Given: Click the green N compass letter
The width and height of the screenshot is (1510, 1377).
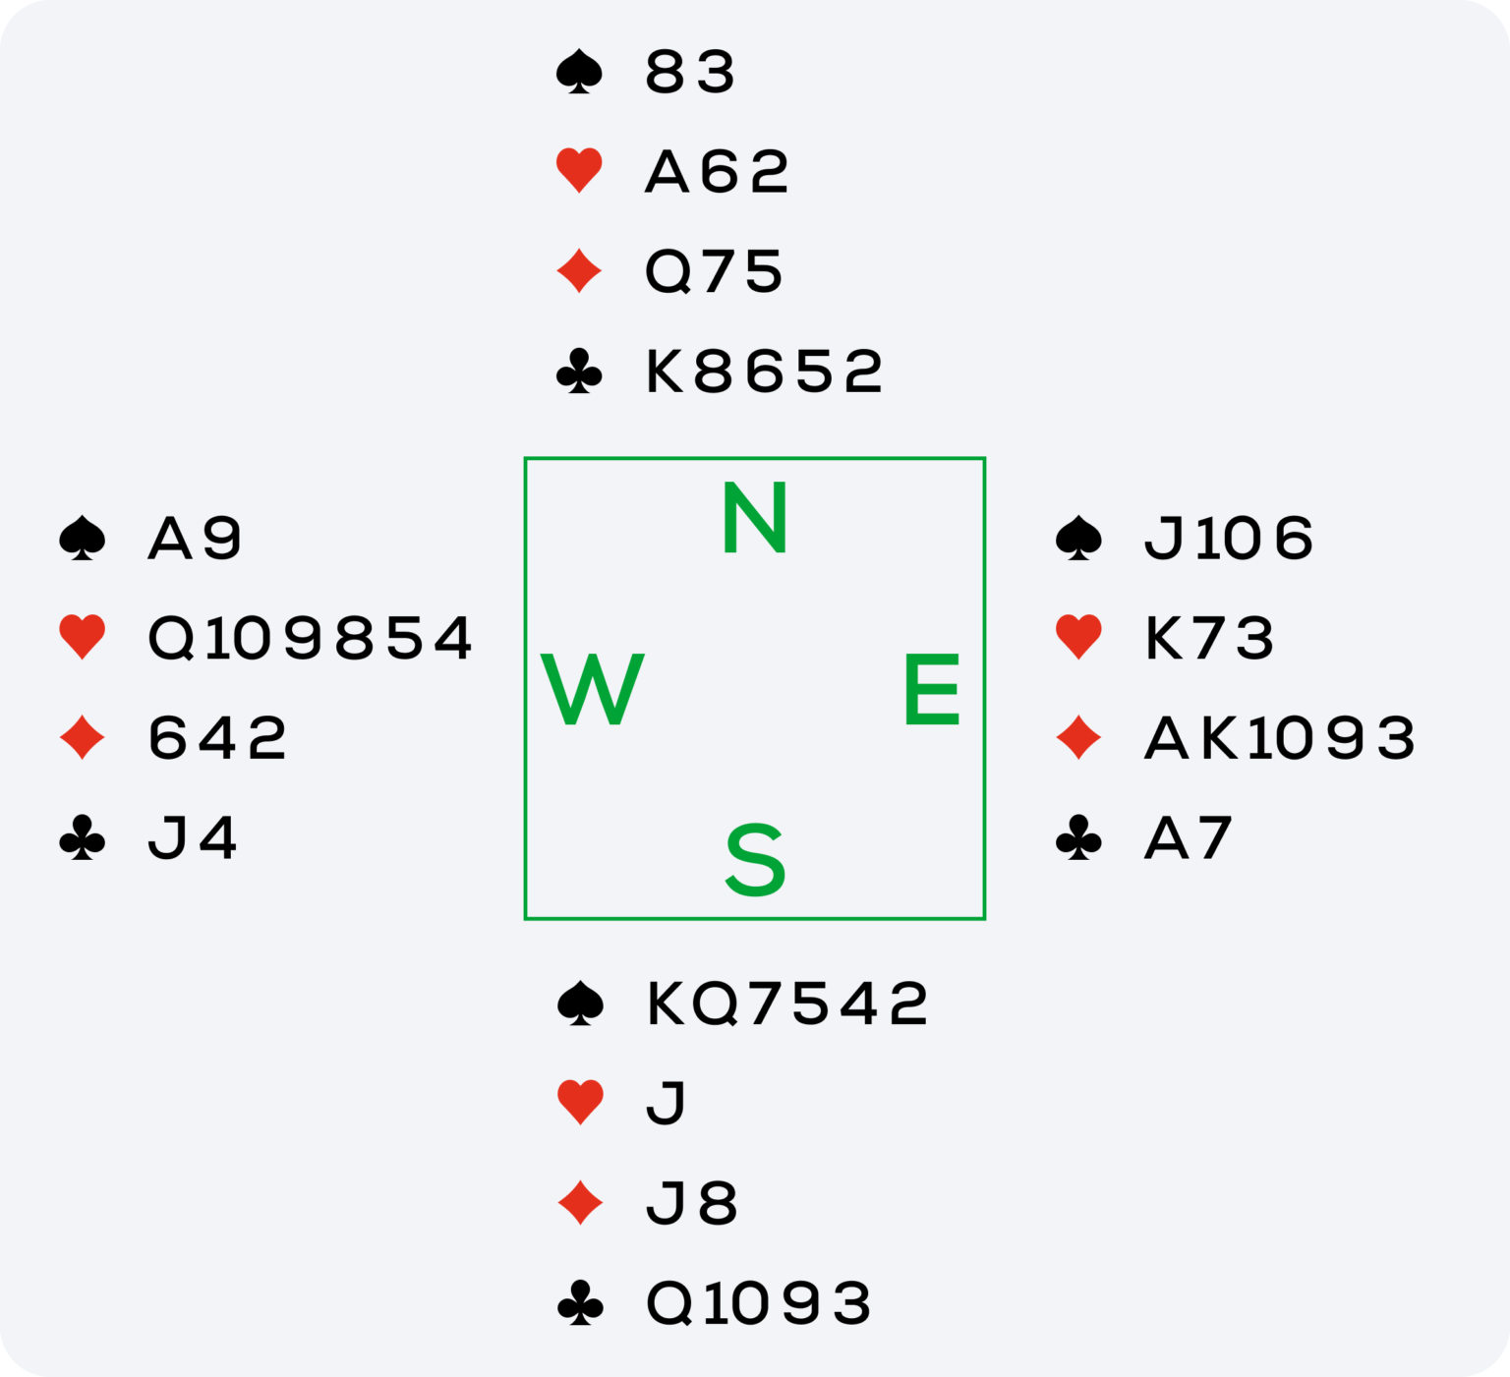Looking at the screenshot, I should click(754, 518).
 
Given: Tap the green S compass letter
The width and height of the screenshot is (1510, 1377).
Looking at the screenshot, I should click(755, 861).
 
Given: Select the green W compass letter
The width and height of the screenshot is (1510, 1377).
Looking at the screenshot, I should click(592, 690).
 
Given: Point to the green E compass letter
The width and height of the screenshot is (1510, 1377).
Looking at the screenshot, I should click(931, 690).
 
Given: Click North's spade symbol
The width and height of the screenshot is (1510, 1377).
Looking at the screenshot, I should click(579, 73).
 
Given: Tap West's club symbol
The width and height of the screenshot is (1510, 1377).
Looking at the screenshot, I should click(83, 838).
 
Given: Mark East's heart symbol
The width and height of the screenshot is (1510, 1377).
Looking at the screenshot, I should click(1078, 637).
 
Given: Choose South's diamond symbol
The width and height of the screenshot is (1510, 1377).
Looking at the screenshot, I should click(580, 1203).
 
